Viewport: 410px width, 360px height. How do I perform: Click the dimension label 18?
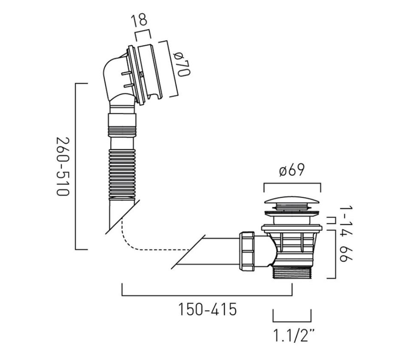[x=140, y=20]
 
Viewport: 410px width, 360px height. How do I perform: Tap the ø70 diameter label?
[x=182, y=64]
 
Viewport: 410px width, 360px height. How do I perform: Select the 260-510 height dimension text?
[x=63, y=166]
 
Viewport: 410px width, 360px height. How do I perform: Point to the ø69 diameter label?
[x=292, y=170]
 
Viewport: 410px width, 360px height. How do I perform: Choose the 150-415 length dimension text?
[x=207, y=309]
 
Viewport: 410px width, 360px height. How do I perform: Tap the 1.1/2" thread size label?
[x=294, y=335]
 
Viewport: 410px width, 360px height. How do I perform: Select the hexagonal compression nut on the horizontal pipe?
[x=246, y=251]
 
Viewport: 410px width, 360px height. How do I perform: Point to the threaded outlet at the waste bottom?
[x=293, y=272]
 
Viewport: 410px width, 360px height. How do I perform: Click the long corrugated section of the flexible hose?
[x=122, y=173]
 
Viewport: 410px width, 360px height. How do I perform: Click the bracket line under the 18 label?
[x=143, y=34]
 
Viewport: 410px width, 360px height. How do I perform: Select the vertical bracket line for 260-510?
[x=76, y=166]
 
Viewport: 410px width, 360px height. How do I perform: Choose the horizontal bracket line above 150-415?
[x=207, y=296]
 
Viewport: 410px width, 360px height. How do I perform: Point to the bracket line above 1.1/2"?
[x=292, y=321]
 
